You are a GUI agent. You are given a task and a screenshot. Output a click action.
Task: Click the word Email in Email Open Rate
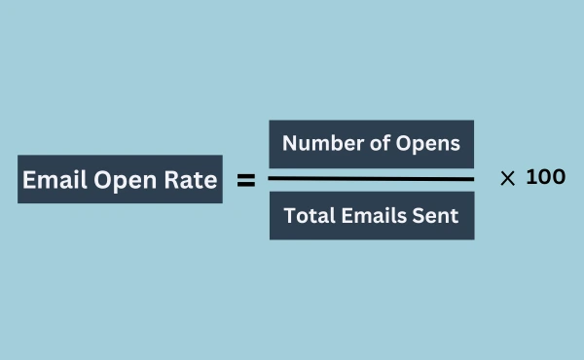54,181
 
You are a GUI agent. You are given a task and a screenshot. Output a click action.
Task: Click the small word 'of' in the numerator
375,144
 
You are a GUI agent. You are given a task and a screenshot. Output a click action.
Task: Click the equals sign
246,180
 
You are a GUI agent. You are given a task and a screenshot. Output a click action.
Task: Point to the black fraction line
371,179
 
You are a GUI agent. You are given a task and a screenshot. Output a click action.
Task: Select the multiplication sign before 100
507,179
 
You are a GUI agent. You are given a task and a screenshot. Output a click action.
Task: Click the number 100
546,178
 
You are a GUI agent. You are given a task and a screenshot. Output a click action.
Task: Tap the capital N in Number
289,144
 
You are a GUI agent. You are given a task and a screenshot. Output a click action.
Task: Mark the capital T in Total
288,216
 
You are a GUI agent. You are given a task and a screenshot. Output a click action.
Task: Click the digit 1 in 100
530,178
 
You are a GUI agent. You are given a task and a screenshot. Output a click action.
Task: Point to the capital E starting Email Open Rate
29,181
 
